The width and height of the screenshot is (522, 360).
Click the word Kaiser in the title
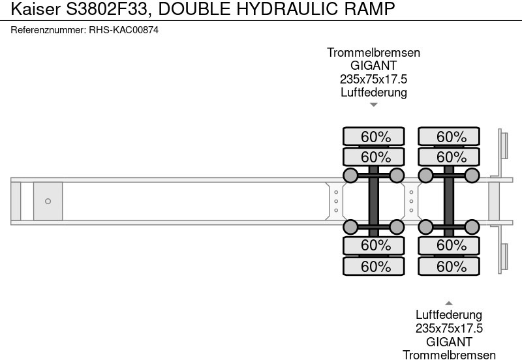[31, 9]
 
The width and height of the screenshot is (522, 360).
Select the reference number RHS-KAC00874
[123, 30]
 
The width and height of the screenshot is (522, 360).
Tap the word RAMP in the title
[371, 9]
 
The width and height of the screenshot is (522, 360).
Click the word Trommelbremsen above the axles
[373, 53]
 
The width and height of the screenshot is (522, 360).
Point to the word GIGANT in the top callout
[373, 66]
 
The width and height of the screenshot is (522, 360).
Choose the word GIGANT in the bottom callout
[449, 342]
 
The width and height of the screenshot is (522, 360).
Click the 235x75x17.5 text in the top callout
[373, 79]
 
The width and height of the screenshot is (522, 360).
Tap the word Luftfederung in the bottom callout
[449, 316]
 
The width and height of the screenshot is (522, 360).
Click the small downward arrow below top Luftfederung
[374, 104]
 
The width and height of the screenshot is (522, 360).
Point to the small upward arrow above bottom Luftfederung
[449, 303]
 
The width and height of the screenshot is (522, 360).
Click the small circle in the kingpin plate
[48, 201]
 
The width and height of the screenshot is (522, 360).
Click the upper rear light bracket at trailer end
[503, 145]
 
